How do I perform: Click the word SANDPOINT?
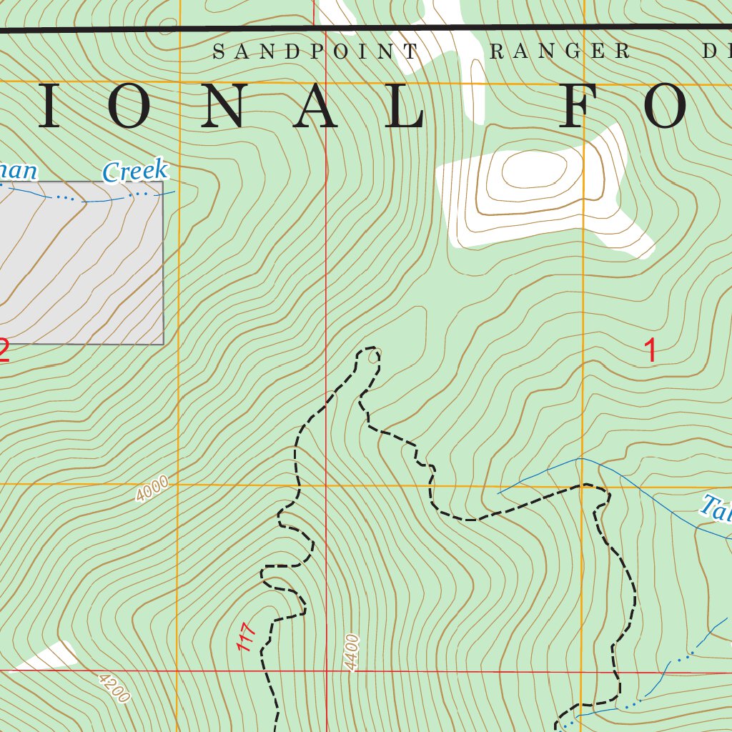click(315, 51)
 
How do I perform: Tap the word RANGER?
click(559, 51)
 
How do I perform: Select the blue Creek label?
click(135, 172)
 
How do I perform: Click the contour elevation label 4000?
click(152, 490)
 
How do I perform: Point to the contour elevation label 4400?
click(351, 652)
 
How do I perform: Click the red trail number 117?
click(246, 637)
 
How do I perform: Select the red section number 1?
click(650, 351)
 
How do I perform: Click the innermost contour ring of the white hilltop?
click(535, 170)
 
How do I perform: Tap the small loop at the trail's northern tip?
click(372, 355)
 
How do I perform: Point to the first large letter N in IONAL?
click(221, 105)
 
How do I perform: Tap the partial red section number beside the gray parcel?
click(4, 351)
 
